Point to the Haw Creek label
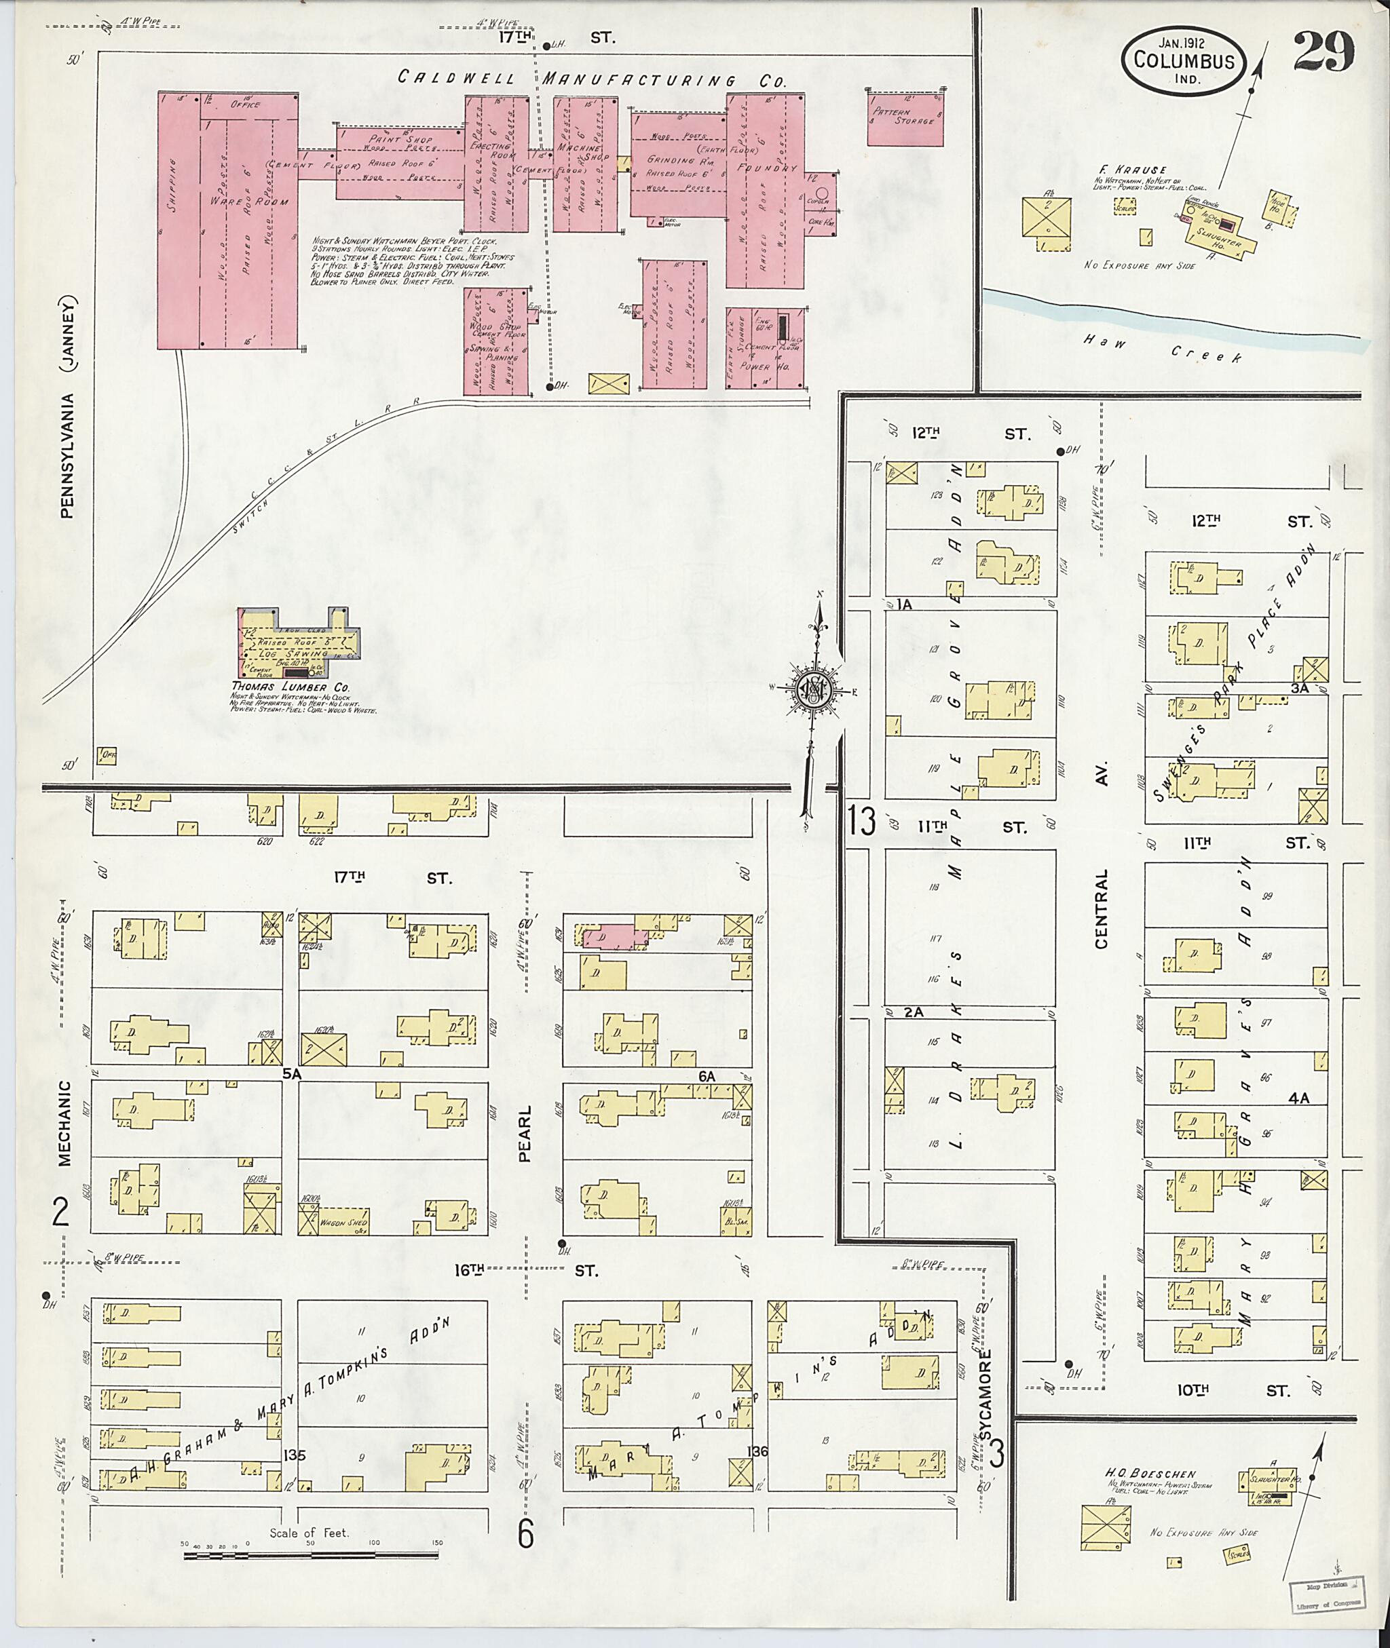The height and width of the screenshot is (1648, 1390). pyautogui.click(x=1162, y=347)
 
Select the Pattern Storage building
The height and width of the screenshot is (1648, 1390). pyautogui.click(x=905, y=119)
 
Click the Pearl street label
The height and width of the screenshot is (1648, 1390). pyautogui.click(x=525, y=1133)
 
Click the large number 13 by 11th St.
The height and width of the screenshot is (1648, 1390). pyautogui.click(x=862, y=822)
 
